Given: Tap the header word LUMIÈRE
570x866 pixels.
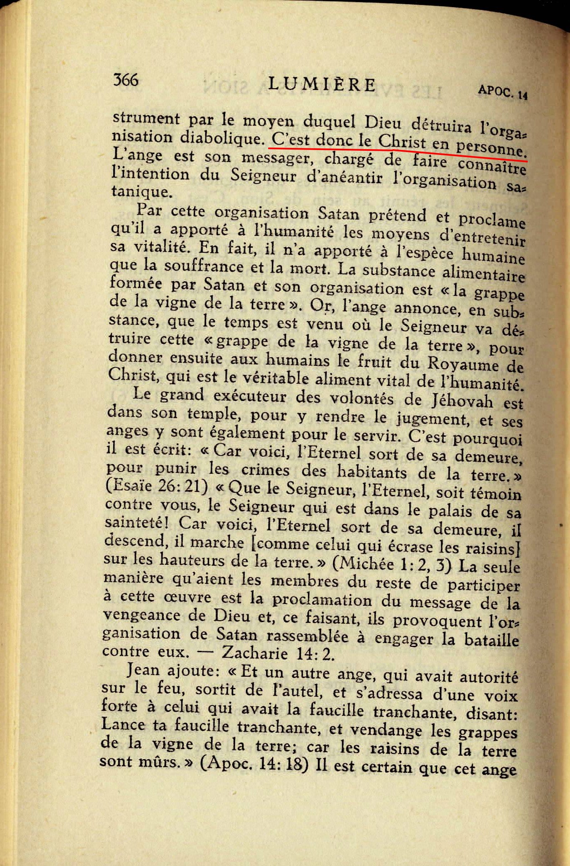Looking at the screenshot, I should [x=322, y=84].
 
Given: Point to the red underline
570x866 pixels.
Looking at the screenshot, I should [x=398, y=152].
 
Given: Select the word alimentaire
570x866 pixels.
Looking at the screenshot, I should [x=483, y=274].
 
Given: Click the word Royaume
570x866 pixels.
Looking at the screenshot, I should [x=463, y=364].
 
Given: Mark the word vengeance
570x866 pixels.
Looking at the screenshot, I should [x=143, y=616].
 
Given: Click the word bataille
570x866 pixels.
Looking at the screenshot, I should [x=491, y=640].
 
